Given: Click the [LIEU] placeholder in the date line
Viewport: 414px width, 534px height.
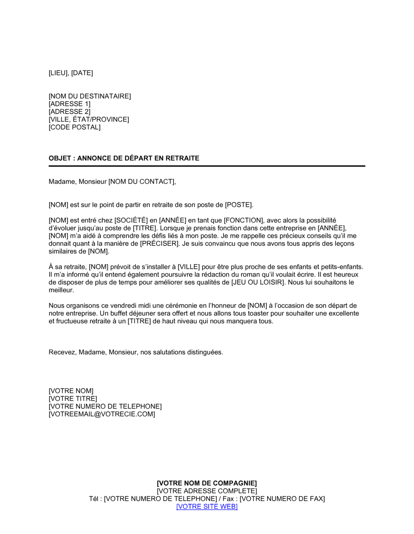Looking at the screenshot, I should (x=58, y=73).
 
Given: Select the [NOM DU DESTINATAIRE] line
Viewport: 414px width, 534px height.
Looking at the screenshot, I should (x=89, y=96).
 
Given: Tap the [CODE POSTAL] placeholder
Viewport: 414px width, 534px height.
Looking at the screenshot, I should (x=75, y=127).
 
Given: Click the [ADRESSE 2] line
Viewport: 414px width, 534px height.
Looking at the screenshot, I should (x=69, y=112).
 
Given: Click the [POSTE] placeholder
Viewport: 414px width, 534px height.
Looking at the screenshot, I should (x=238, y=205).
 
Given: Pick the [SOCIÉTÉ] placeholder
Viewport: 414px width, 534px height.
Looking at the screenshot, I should (x=131, y=221).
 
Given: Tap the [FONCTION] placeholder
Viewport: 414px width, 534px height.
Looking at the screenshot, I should (x=243, y=221).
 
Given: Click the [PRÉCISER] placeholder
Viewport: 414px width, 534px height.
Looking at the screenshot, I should (x=160, y=244).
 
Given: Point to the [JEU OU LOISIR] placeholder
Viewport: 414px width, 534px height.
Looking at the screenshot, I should (x=258, y=282).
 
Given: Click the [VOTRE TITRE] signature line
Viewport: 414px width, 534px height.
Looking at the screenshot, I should (x=73, y=399).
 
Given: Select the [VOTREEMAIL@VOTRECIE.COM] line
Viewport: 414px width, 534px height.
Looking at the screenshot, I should (x=102, y=414).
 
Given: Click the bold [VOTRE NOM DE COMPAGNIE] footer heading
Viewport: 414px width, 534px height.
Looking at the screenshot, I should (x=207, y=483).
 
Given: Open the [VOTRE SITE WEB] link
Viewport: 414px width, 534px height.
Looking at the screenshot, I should (x=207, y=507).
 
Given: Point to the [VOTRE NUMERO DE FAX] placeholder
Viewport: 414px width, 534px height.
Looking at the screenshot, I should (x=282, y=499).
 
